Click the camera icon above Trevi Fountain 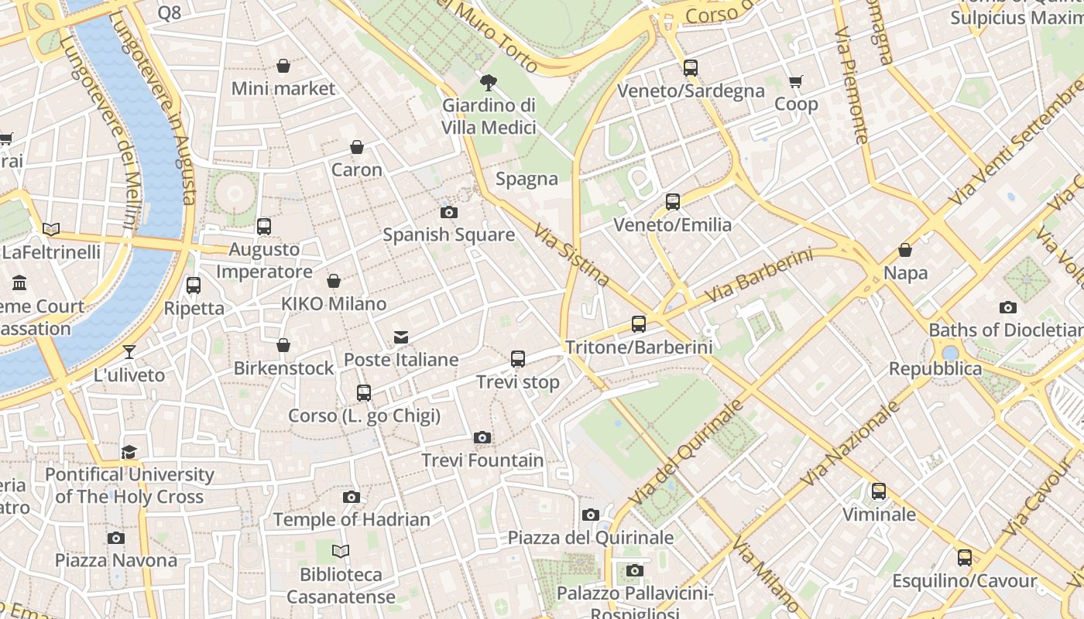coord(482,438)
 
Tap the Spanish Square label coord(448,234)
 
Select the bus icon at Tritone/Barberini coord(638,324)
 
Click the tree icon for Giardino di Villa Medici coord(489,82)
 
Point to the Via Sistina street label coord(571,255)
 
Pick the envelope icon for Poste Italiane coord(401,337)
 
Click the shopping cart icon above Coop coord(795,82)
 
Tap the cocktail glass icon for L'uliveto coord(129,352)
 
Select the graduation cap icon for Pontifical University coord(129,452)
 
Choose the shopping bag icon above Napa coord(904,251)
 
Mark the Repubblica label coord(935,368)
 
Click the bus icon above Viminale coord(878,491)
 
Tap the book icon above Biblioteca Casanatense coord(341,552)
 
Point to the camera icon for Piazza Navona coord(116,538)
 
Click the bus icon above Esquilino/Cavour coord(964,558)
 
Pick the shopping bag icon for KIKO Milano coord(334,281)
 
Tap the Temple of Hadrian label coord(352,519)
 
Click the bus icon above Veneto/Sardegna coord(691,68)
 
